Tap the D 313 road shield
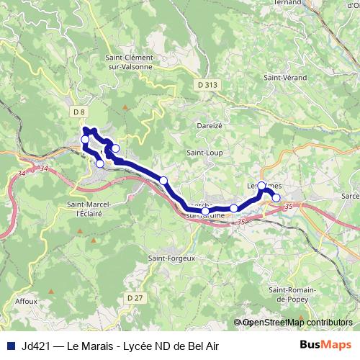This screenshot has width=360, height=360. tap(207, 84)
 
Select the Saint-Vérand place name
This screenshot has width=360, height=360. tap(285, 77)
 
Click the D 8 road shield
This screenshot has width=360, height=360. tap(79, 111)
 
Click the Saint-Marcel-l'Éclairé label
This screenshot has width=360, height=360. tap(88, 208)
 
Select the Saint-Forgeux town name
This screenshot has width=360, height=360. tap(166, 258)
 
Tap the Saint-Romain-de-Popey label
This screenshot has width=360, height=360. tap(289, 293)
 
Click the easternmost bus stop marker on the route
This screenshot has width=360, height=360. tap(276, 197)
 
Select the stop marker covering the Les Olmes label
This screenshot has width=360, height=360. tap(261, 185)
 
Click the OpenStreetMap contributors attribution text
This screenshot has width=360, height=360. tap(299, 323)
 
